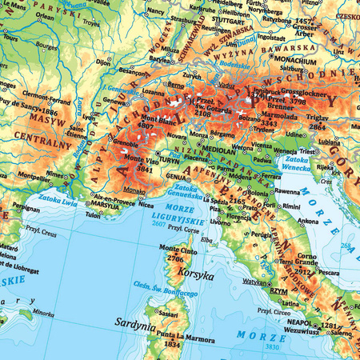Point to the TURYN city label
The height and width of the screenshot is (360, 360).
tap(169, 160)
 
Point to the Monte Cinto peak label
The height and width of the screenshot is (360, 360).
tap(182, 250)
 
